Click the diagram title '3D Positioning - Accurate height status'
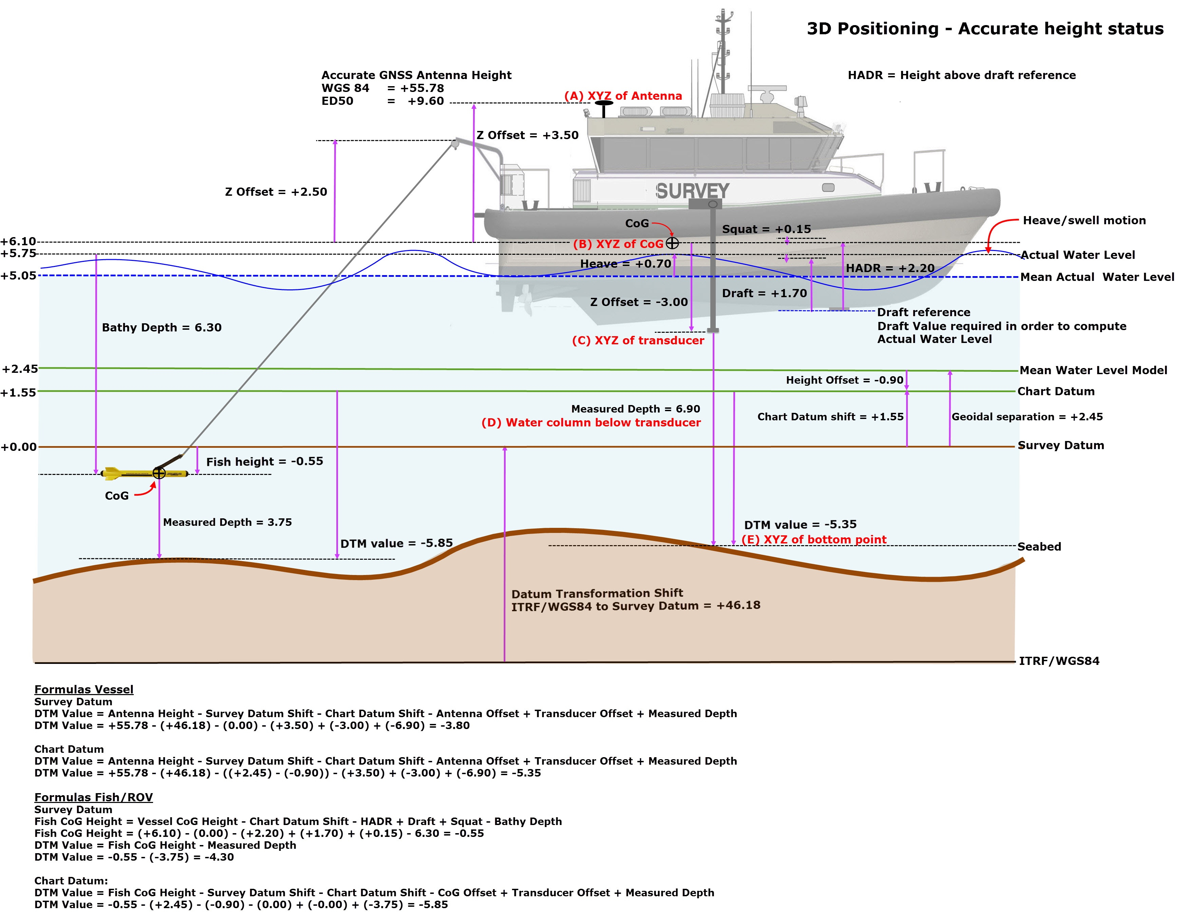[x=985, y=28]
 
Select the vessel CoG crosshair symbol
[x=672, y=243]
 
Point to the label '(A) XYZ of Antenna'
[x=623, y=96]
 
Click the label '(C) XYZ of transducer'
[x=638, y=340]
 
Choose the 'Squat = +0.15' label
[x=766, y=229]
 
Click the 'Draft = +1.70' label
[x=764, y=293]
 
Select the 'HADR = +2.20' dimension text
[x=890, y=268]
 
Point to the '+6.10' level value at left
[x=18, y=242]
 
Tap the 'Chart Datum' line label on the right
[x=1056, y=391]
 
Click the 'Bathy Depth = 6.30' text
[x=162, y=327]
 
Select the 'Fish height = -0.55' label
[x=265, y=461]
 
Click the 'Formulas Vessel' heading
[x=84, y=689]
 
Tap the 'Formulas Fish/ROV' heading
[x=93, y=798]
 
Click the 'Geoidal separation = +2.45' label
[x=1027, y=417]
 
